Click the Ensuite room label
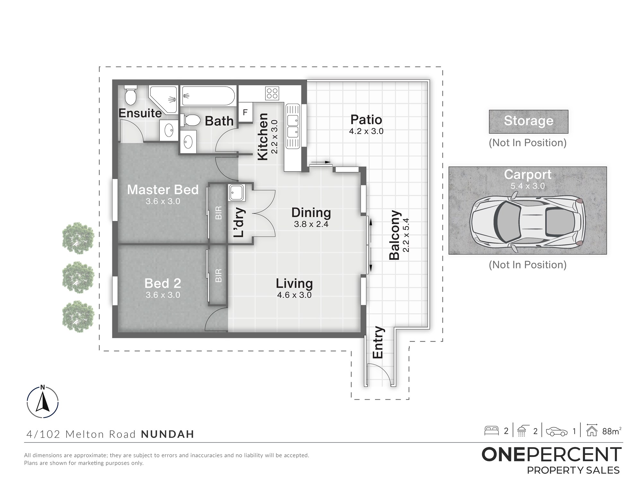(x=140, y=113)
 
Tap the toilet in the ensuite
(x=131, y=95)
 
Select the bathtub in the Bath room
(x=208, y=96)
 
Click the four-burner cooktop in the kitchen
(x=272, y=93)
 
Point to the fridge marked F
(x=246, y=112)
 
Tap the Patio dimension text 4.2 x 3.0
(x=366, y=131)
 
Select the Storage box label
(x=528, y=121)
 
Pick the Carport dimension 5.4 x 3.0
(x=528, y=186)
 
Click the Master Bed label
(x=163, y=190)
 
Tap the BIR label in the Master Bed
(x=218, y=213)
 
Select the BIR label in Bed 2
(x=218, y=275)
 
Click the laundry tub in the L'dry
(x=237, y=192)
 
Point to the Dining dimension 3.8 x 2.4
(x=311, y=224)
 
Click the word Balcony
(x=395, y=235)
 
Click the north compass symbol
(x=43, y=401)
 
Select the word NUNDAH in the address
(x=168, y=434)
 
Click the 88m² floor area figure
(x=612, y=431)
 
